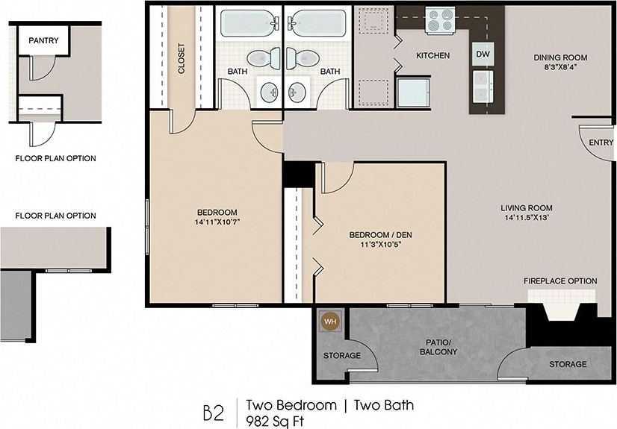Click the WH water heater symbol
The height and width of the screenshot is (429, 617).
pyautogui.click(x=329, y=322)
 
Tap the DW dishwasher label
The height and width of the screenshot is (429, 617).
pyautogui.click(x=482, y=54)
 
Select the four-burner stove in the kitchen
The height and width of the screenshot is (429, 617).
pyautogui.click(x=441, y=21)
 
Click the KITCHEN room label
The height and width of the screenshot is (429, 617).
pyautogui.click(x=432, y=55)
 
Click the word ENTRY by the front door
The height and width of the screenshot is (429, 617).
pyautogui.click(x=601, y=142)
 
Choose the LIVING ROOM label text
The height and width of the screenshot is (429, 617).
pyautogui.click(x=527, y=208)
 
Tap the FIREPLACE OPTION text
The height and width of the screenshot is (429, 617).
pyautogui.click(x=559, y=281)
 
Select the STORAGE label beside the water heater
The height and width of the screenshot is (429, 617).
pyautogui.click(x=342, y=356)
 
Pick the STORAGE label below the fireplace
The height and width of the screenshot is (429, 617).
pyautogui.click(x=568, y=364)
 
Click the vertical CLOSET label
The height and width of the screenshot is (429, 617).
pyautogui.click(x=181, y=58)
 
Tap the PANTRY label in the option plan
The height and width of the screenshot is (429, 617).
pyautogui.click(x=43, y=41)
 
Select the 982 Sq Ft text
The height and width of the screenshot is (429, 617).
pyautogui.click(x=276, y=420)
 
